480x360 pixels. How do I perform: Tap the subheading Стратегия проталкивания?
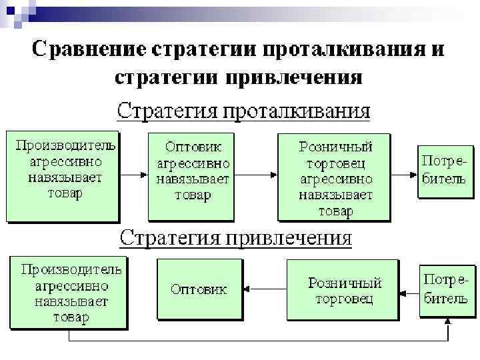pyautogui.click(x=243, y=109)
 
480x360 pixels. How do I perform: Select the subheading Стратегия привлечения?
pyautogui.click(x=235, y=238)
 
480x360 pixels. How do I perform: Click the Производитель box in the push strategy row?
pyautogui.click(x=63, y=175)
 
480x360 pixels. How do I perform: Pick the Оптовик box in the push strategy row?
pyautogui.click(x=192, y=175)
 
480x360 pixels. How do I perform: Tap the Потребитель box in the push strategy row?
pyautogui.click(x=444, y=171)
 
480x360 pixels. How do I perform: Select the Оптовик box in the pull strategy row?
pyautogui.click(x=198, y=290)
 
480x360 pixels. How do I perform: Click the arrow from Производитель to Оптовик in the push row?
pyautogui.click(x=133, y=175)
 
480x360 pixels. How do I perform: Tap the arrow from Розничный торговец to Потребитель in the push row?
pyautogui.click(x=403, y=175)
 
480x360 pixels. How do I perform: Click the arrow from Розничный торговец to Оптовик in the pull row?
pyautogui.click(x=263, y=289)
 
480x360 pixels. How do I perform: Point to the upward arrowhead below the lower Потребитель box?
pyautogui.click(x=448, y=323)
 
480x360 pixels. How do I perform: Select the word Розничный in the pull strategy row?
pyautogui.click(x=344, y=283)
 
